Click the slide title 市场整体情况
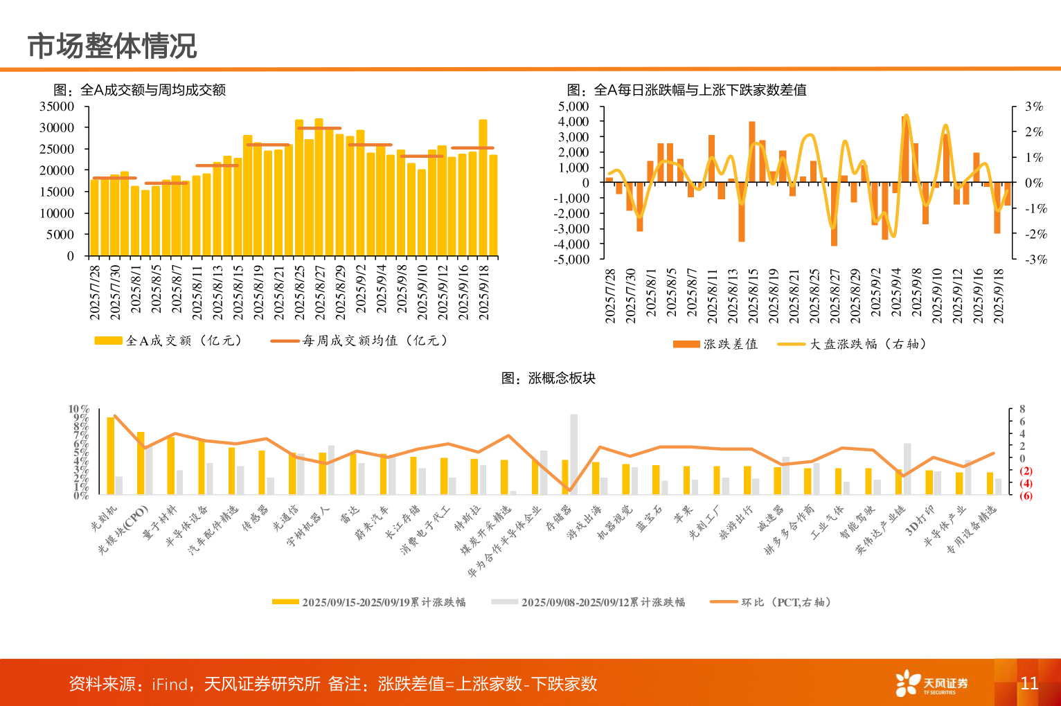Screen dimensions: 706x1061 coord(112,46)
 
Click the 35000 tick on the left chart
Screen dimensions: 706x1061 coord(57,107)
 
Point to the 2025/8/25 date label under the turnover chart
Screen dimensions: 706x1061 coord(300,292)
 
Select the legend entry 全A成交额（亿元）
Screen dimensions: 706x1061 coord(169,341)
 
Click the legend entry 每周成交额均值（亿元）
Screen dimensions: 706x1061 coord(361,341)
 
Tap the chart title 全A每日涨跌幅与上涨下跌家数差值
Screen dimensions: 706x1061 coord(686,90)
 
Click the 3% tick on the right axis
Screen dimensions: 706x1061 coord(1034,107)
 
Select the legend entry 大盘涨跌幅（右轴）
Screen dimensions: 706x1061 coord(853,344)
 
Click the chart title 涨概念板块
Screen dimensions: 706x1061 coord(549,378)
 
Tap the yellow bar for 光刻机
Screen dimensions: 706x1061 coord(111,455)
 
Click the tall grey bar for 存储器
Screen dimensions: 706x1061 coord(573,454)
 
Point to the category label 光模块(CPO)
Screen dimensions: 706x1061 coord(123,530)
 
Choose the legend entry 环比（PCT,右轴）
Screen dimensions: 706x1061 coord(771,602)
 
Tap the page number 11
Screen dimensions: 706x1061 coord(1029,684)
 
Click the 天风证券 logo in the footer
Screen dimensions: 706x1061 coord(931,684)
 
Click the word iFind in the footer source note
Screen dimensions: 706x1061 coord(170,685)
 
